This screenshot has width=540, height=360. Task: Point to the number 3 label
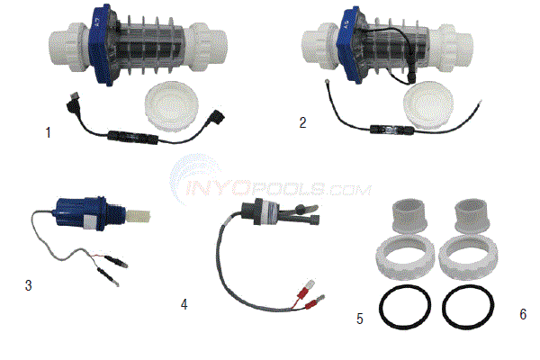coord(30,285)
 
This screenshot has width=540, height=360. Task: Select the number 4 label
coord(184,304)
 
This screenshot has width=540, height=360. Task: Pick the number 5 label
coord(359,318)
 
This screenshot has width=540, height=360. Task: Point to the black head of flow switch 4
coord(269,204)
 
